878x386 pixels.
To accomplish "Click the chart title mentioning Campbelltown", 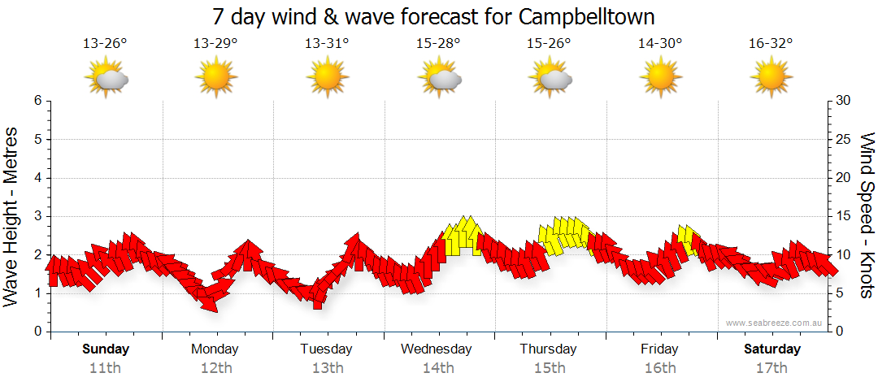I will click(433, 17).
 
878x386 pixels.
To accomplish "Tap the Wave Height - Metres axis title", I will click(12, 217).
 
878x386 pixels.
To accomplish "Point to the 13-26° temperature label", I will click(106, 44).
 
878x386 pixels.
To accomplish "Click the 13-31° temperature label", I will click(327, 44).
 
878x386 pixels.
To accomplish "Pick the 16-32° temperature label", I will click(771, 44).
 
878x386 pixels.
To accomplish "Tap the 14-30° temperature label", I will click(659, 44).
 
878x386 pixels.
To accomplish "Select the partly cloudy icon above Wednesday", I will click(440, 78).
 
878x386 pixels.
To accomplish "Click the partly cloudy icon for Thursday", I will click(551, 78).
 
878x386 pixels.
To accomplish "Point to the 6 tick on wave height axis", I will click(37, 101).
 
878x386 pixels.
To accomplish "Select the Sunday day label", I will click(106, 349).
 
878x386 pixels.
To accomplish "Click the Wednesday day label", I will click(437, 349).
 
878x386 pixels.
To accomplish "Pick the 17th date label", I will click(772, 368).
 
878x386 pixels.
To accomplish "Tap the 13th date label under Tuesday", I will click(327, 368).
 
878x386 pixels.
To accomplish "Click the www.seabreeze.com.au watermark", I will click(776, 323).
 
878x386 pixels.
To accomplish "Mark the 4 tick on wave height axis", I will click(37, 178).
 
